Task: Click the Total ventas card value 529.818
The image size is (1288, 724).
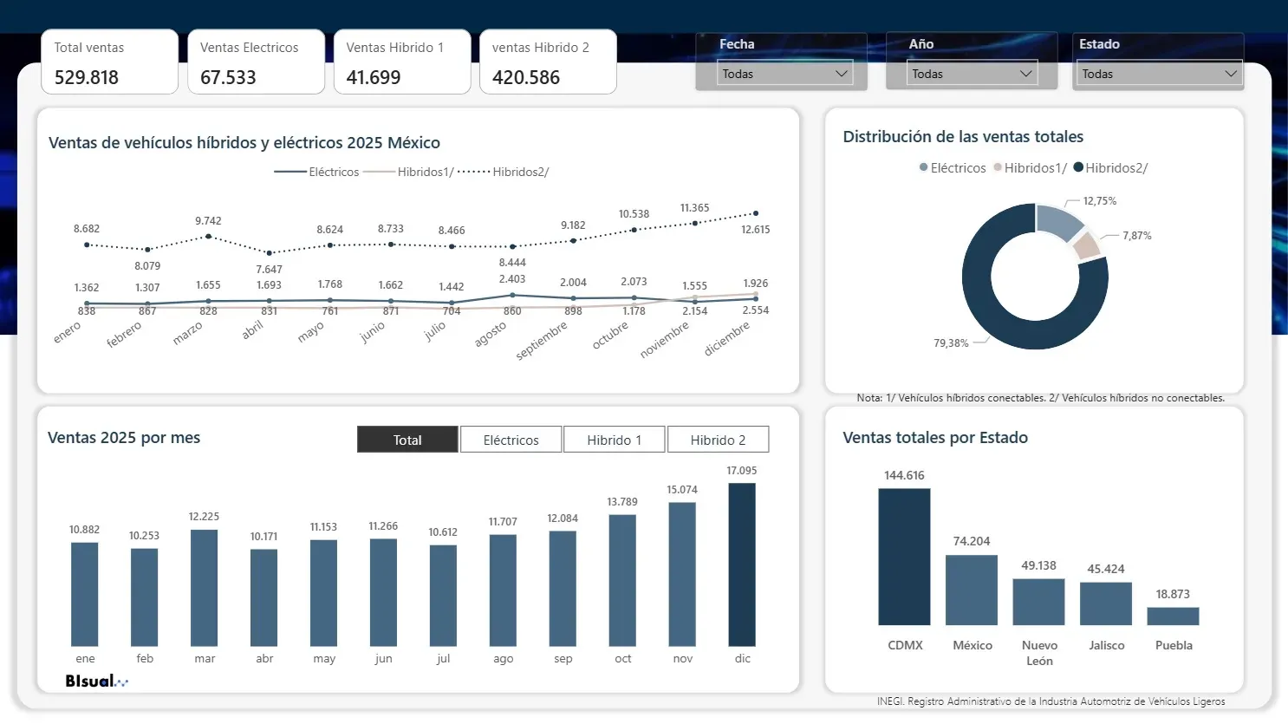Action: [x=87, y=78]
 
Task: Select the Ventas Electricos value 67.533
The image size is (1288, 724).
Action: [x=228, y=78]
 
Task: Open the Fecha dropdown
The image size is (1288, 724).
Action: [x=784, y=74]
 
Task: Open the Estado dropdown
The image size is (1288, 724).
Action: [x=1159, y=74]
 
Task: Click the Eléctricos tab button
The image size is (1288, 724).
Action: [x=511, y=440]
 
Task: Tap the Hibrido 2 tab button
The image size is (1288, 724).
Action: [x=718, y=440]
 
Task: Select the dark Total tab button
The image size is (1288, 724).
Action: [x=407, y=440]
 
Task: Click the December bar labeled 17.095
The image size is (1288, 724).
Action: [x=742, y=564]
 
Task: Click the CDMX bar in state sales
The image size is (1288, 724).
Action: [x=904, y=557]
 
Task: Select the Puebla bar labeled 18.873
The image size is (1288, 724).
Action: [x=1173, y=616]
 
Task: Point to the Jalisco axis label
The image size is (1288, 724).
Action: [x=1106, y=645]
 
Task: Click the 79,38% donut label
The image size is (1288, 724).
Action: [x=951, y=343]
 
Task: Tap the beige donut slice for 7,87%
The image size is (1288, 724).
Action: [x=1086, y=246]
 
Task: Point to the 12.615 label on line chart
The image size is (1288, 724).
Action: [x=755, y=230]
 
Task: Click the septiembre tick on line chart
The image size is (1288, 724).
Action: [x=542, y=341]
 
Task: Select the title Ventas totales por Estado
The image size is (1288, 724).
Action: [x=935, y=438]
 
